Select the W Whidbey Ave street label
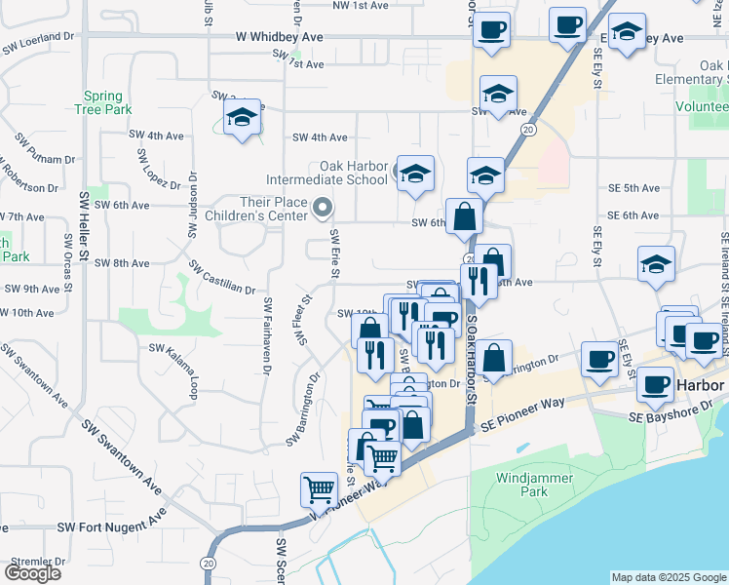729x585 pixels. pyautogui.click(x=279, y=36)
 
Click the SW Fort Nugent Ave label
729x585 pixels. pyautogui.click(x=106, y=526)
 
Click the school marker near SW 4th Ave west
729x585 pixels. pyautogui.click(x=241, y=119)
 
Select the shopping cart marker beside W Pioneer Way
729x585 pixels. pyautogui.click(x=320, y=489)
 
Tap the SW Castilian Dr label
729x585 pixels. pyautogui.click(x=222, y=278)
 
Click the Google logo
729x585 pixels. pyautogui.click(x=32, y=573)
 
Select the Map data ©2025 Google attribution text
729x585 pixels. pyautogui.click(x=669, y=577)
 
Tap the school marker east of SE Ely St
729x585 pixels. pyautogui.click(x=656, y=264)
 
